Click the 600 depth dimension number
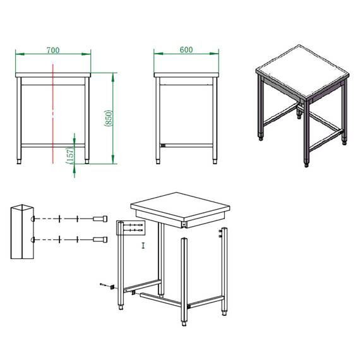pos(186,49)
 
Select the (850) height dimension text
pos(108,117)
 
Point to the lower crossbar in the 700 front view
pos(54,145)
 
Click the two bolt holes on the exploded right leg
pos(221,235)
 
